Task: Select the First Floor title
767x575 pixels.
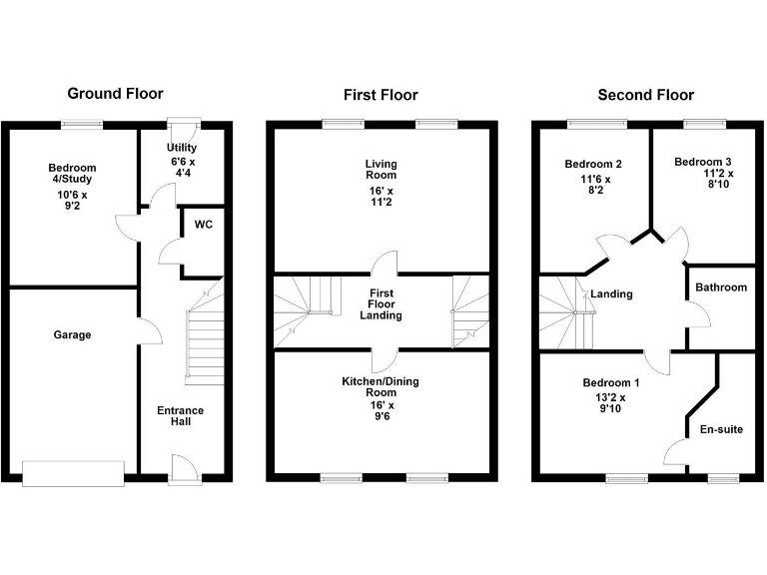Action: pos(381,95)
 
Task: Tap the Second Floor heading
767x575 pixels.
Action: pos(645,95)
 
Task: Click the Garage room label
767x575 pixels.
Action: pos(72,335)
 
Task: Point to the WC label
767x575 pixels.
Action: pos(204,225)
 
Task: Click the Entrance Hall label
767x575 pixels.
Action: pos(180,415)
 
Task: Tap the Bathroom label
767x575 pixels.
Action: pos(721,287)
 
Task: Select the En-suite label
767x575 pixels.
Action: pos(721,430)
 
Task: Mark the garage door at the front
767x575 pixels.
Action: pos(74,473)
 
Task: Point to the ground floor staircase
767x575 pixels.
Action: pos(204,339)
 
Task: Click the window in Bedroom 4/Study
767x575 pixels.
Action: pos(82,124)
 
